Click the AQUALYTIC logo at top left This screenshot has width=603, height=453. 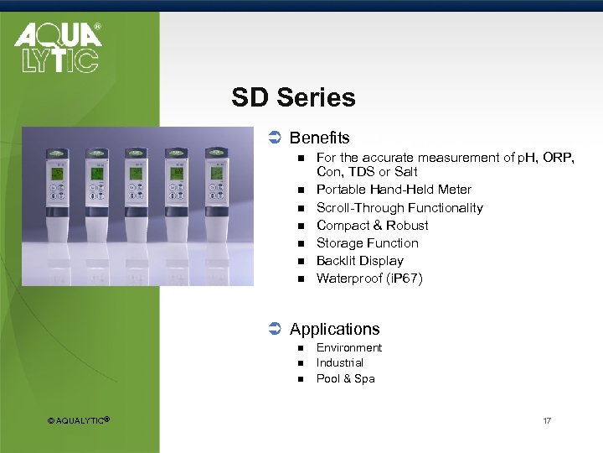(57, 48)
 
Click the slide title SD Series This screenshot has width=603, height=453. (293, 98)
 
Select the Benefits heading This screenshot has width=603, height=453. (319, 138)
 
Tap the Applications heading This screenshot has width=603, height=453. (334, 330)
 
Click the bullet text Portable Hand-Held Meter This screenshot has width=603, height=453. (394, 190)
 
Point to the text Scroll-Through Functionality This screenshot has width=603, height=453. (399, 208)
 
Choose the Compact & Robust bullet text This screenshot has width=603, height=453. (372, 226)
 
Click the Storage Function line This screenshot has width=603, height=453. (367, 243)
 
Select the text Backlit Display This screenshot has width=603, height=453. (359, 261)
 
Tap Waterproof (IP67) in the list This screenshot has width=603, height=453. (369, 279)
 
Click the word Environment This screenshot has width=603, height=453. (348, 348)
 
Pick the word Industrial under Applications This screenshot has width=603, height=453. (339, 363)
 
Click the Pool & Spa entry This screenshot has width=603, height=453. (345, 379)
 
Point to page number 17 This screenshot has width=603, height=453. (546, 420)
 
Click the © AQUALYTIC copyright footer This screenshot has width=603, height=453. (79, 420)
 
